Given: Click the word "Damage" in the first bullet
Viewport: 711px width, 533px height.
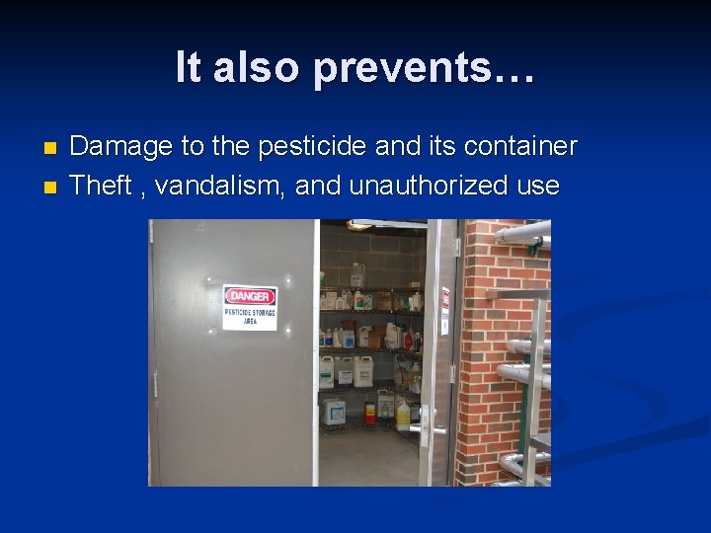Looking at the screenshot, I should click(x=121, y=147).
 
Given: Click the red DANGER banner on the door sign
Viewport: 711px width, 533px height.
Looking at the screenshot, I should click(x=251, y=296).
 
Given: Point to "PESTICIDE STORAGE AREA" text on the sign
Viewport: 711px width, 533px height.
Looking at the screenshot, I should click(x=251, y=316).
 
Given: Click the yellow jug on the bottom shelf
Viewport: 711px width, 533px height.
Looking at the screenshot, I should click(x=403, y=415).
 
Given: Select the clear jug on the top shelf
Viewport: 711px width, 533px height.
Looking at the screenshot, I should click(x=357, y=273).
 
